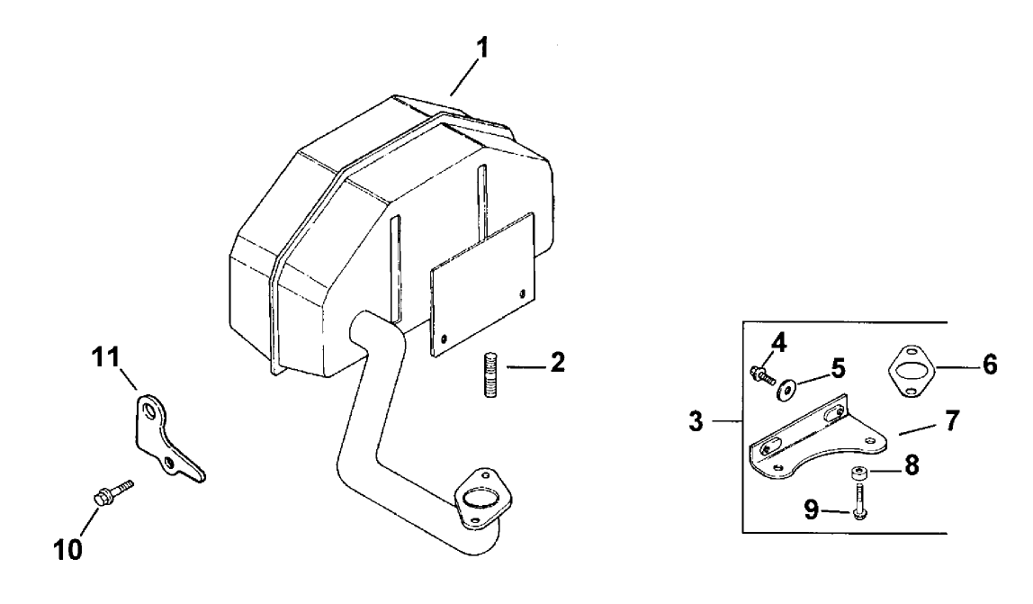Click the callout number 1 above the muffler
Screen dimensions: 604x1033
point(483,49)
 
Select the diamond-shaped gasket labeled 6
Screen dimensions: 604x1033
point(910,369)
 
